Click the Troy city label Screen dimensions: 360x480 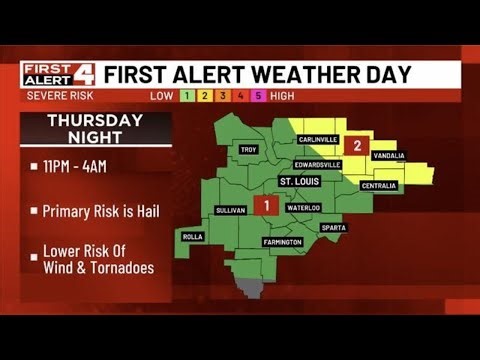(249, 150)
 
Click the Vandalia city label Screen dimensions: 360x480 (390, 155)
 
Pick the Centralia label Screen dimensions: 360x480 (378, 185)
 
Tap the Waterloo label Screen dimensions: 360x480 (304, 207)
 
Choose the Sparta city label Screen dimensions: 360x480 (333, 227)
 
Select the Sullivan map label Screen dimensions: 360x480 (231, 210)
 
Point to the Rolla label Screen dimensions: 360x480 (192, 237)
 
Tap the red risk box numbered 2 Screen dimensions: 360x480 (356, 146)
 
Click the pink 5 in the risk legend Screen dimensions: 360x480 (257, 95)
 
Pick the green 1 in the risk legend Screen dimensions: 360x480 (185, 95)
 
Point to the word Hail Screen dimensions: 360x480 (145, 211)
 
